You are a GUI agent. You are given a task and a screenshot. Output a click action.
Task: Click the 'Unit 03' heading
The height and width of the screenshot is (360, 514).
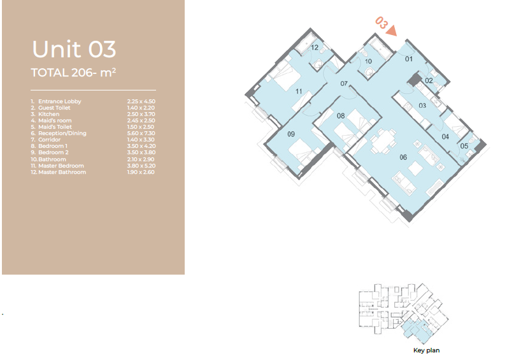point(74,49)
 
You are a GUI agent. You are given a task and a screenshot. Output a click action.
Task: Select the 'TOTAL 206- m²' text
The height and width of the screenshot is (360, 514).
point(73,73)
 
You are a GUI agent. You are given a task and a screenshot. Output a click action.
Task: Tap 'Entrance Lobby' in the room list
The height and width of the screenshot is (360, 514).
point(60,101)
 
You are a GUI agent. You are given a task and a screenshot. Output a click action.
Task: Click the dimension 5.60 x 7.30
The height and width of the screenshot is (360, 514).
point(141,133)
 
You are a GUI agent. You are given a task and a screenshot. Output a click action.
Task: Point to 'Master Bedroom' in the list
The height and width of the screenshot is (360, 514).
point(61,166)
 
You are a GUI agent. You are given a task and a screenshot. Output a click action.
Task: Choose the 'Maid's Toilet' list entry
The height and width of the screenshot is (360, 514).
point(55,127)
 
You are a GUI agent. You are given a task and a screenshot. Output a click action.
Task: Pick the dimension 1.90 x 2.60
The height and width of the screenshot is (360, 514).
point(141,172)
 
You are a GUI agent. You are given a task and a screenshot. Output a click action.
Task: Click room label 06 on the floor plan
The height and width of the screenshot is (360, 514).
point(403,157)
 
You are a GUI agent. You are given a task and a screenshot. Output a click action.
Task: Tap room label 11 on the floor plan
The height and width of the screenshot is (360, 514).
point(299,91)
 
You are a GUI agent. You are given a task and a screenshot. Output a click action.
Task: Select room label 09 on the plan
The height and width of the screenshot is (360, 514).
point(291,134)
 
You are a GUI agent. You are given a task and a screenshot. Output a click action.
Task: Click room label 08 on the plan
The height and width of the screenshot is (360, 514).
point(341,115)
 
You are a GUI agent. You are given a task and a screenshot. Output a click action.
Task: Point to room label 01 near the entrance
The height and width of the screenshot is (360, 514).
point(409,59)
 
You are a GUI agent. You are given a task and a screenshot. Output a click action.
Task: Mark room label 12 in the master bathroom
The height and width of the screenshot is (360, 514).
point(315,48)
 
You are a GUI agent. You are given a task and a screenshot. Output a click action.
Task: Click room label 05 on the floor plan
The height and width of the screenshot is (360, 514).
point(464,146)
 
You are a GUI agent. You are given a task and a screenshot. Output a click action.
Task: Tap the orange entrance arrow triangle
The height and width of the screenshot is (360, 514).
point(392,31)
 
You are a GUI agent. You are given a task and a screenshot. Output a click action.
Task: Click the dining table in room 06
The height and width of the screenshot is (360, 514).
point(382,140)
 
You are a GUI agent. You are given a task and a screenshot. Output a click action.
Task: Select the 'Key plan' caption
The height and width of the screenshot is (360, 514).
point(426,350)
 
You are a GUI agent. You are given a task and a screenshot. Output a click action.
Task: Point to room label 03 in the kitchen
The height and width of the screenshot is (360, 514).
point(422,106)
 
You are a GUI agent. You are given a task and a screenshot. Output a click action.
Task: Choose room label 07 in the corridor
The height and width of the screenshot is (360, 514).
point(343,83)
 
